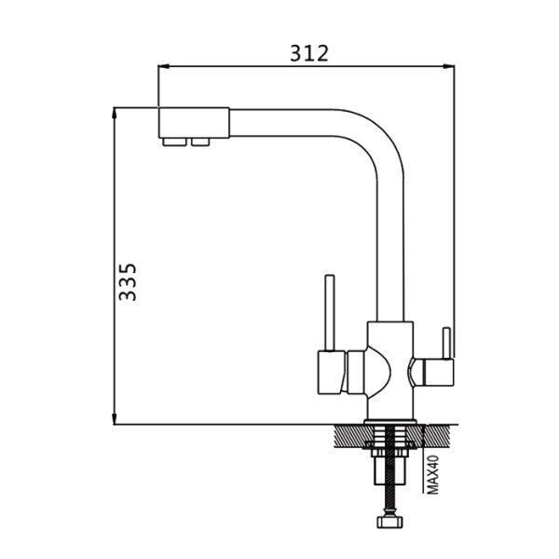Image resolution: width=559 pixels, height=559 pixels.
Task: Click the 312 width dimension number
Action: point(309,53)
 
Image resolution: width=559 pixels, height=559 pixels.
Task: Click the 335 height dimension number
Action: point(128,282)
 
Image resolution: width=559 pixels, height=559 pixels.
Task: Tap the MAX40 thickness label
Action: point(433,474)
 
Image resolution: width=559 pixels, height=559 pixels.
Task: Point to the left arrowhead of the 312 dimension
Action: point(163,66)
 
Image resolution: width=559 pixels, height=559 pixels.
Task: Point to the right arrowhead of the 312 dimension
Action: point(449,66)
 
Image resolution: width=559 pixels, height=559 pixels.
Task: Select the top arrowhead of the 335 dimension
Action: point(114,113)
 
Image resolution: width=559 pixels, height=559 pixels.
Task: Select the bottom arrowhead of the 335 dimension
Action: point(114,419)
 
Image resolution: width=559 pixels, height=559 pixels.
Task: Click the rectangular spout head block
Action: point(194,122)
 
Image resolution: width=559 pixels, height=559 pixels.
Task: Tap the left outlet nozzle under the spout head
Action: point(174,142)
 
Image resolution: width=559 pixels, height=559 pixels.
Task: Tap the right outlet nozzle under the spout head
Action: point(200,142)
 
